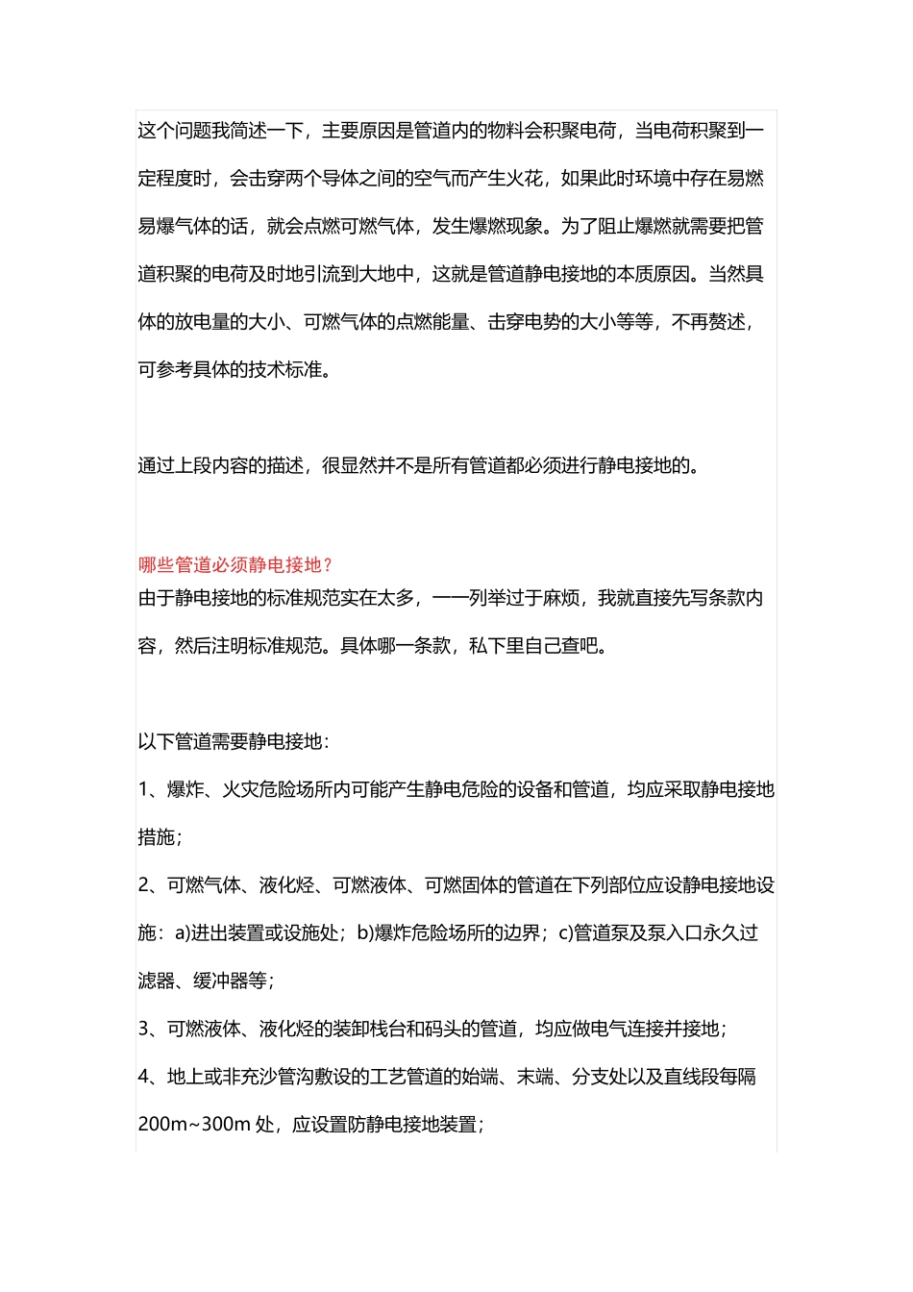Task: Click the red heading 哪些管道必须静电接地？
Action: (x=234, y=565)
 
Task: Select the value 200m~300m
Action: (x=194, y=1124)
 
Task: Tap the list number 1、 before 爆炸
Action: (x=152, y=789)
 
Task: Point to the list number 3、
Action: (x=152, y=1029)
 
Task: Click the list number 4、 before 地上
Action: (x=152, y=1077)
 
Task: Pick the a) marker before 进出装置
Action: (x=182, y=932)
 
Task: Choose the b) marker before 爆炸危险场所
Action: (x=365, y=932)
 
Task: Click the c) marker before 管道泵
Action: (x=565, y=932)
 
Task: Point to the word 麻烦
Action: (x=561, y=598)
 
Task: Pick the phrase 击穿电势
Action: (x=525, y=322)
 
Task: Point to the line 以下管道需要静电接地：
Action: (x=234, y=741)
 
